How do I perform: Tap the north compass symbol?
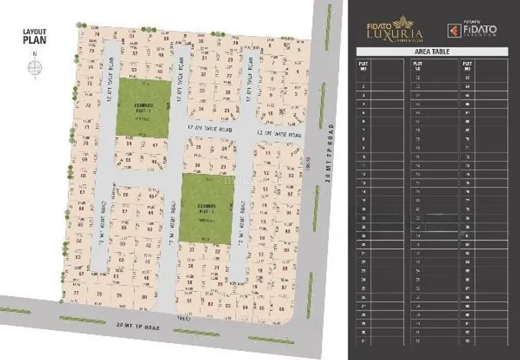click(34, 67)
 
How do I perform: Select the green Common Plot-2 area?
click(208, 209)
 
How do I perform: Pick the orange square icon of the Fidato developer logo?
click(453, 30)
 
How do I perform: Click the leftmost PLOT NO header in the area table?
click(363, 65)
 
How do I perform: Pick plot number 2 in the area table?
click(362, 87)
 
